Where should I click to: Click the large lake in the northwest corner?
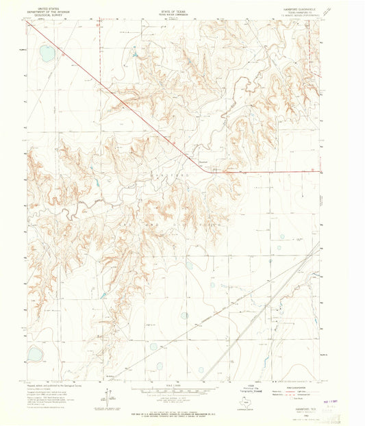[46, 53]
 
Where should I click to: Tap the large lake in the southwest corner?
[34, 354]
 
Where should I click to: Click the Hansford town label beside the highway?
[203, 162]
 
